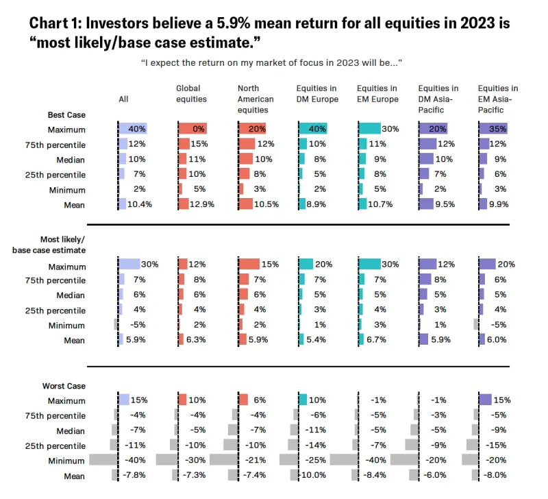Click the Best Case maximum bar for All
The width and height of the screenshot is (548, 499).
coord(132,129)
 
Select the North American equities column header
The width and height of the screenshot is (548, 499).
coord(256,99)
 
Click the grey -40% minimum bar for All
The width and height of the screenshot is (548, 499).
coord(103,461)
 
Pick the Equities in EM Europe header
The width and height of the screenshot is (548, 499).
coord(377,93)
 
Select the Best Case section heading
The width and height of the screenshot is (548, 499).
coord(66,114)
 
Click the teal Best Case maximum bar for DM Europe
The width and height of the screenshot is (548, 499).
coord(313,129)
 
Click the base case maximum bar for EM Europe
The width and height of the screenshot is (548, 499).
coord(370,265)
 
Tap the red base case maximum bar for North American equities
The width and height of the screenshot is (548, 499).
coord(249,265)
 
